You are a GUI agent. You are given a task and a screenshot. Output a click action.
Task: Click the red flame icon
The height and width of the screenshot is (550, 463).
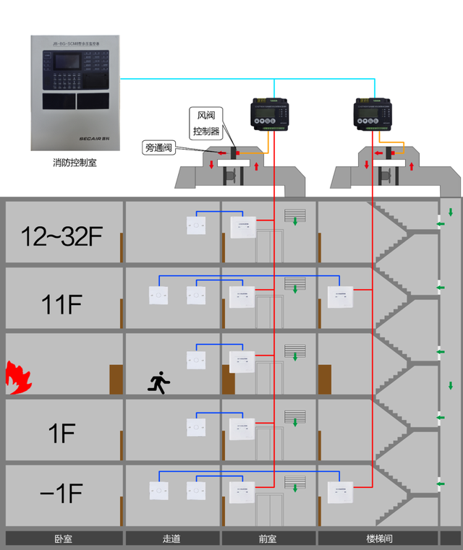click(15, 374)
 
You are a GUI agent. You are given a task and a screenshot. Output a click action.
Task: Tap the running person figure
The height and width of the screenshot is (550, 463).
click(158, 382)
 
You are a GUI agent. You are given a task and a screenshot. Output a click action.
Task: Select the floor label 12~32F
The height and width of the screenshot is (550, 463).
click(62, 236)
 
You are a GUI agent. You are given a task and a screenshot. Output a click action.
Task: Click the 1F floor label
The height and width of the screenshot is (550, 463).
click(62, 434)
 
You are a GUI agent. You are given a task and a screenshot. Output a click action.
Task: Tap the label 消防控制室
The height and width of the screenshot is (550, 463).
click(75, 163)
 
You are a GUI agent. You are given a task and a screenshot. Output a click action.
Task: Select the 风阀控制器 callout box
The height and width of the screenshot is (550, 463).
click(207, 123)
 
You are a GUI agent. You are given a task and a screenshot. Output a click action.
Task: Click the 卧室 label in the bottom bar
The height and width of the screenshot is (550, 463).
click(63, 538)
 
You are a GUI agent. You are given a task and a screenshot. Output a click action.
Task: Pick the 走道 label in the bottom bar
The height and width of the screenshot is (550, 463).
click(172, 538)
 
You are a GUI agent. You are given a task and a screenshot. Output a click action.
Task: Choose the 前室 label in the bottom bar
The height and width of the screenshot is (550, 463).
click(268, 538)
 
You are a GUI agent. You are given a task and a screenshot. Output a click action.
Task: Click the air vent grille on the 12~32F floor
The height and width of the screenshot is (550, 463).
click(294, 215)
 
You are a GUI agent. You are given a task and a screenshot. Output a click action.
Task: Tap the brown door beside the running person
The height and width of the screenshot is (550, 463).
click(116, 379)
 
